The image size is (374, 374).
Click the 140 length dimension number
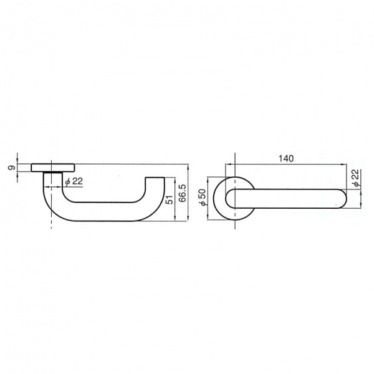[x=286, y=158]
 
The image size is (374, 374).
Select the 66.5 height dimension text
[x=183, y=193]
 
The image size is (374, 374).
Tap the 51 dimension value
[x=169, y=199]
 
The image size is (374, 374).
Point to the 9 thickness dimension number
[x=11, y=168]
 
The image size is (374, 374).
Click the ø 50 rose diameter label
[x=203, y=197]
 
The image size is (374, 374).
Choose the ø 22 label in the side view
[x=74, y=181]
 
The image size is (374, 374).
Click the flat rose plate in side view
[x=53, y=168]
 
